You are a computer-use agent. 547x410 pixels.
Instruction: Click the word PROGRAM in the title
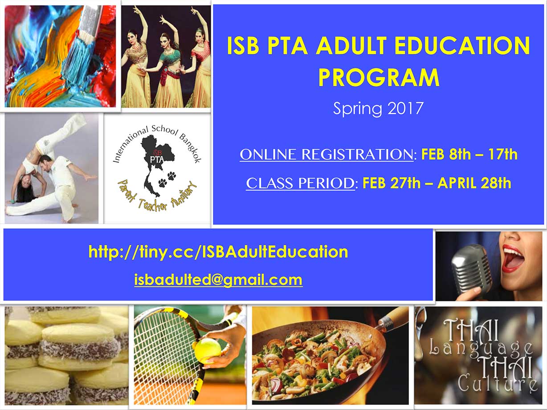point(379,77)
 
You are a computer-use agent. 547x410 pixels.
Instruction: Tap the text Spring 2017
point(378,109)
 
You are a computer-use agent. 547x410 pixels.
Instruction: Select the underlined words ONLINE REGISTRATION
point(327,154)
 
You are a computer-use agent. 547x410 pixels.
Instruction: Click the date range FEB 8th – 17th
point(469,154)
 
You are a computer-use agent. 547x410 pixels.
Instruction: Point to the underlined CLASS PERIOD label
point(300,183)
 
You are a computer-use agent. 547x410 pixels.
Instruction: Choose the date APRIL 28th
point(474,183)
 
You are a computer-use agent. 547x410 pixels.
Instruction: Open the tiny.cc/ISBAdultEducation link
point(218,252)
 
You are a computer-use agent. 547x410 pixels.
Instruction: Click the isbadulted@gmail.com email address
point(218,280)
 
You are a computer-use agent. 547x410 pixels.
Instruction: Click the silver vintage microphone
point(470,268)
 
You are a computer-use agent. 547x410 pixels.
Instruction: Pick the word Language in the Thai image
point(481,349)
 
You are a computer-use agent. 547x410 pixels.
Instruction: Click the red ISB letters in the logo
point(158,152)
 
